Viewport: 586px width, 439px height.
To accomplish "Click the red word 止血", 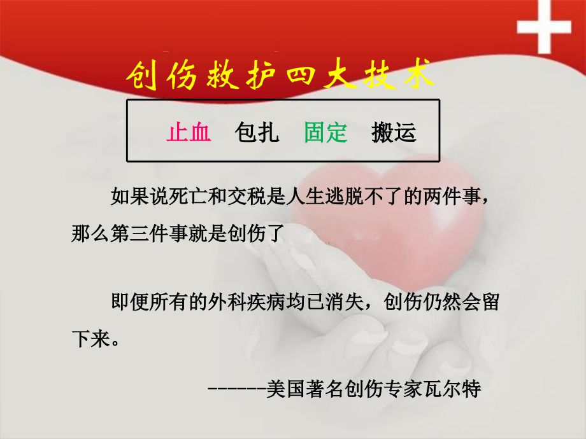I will click(x=189, y=132).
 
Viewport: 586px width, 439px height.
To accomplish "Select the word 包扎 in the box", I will click(x=257, y=132).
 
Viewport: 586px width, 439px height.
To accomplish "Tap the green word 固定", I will click(x=325, y=132).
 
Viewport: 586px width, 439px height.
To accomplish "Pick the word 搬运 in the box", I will click(x=394, y=132).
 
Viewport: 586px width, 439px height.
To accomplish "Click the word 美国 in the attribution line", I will click(x=281, y=387).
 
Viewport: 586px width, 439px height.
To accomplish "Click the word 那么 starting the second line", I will click(x=85, y=233).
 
